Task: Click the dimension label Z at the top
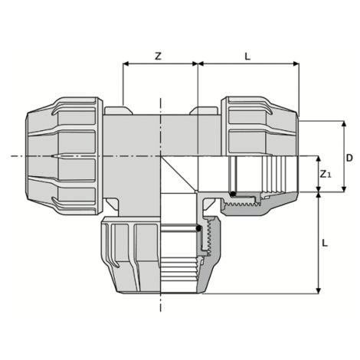pyautogui.click(x=158, y=56)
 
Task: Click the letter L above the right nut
pyautogui.click(x=247, y=56)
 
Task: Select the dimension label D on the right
pyautogui.click(x=349, y=159)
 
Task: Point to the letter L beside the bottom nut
pyautogui.click(x=325, y=243)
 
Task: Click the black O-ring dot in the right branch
pyautogui.click(x=233, y=195)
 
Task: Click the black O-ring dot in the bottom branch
pyautogui.click(x=198, y=227)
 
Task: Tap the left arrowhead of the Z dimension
pyautogui.click(x=126, y=66)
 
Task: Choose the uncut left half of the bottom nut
pyautogui.click(x=130, y=257)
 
